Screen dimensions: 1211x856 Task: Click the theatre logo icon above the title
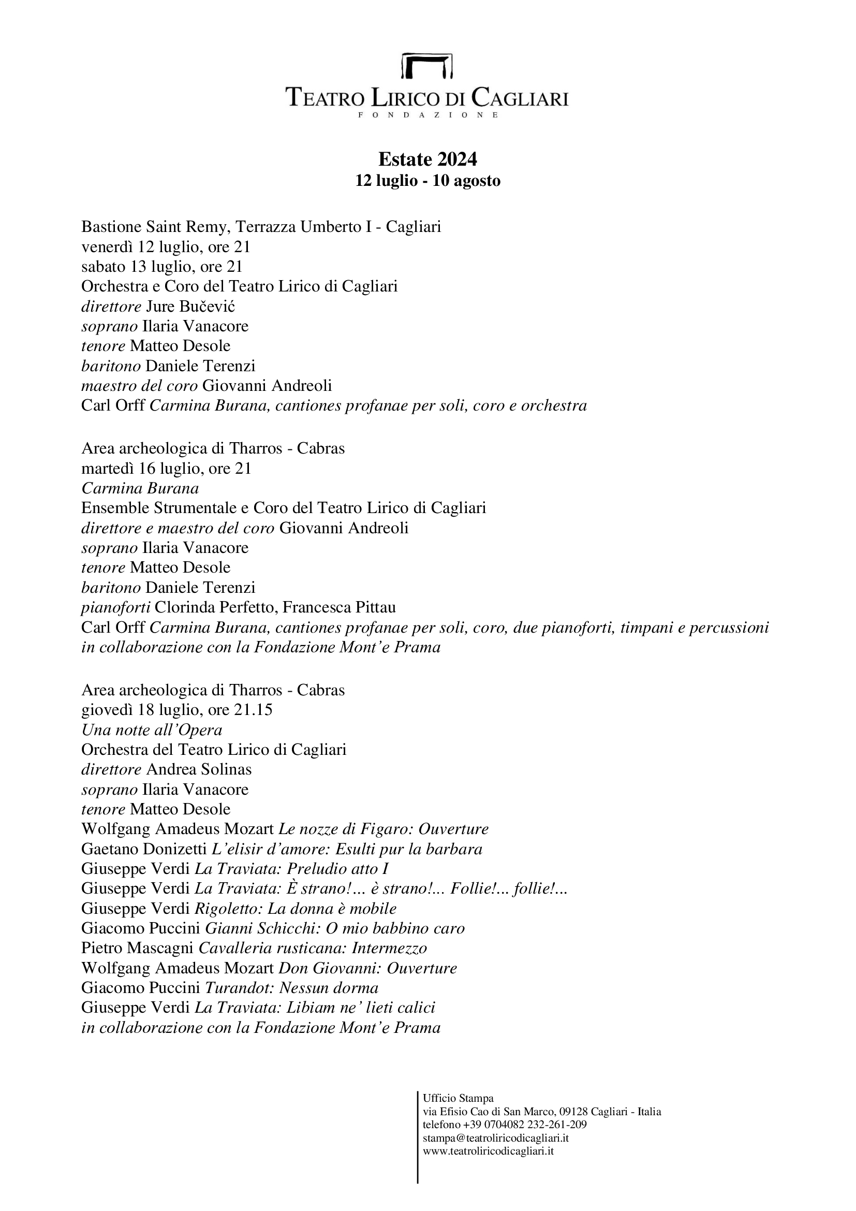tap(427, 65)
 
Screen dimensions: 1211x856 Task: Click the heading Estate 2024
tap(427, 159)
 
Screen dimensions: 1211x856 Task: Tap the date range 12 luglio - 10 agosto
tap(427, 181)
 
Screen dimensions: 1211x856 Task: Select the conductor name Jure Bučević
tap(190, 307)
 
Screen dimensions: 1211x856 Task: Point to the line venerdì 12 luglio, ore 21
tap(166, 247)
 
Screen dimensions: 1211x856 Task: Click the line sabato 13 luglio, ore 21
tap(162, 266)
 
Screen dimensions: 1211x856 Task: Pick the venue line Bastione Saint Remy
tap(261, 227)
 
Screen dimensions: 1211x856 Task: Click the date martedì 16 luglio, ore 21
tap(166, 469)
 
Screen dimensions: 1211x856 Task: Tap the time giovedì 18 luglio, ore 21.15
tap(176, 710)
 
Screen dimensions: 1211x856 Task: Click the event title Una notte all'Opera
tap(152, 730)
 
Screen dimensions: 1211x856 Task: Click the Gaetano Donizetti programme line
tap(282, 849)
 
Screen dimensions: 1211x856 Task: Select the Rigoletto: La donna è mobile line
tap(239, 909)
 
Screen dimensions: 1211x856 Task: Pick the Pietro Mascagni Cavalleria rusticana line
tap(254, 949)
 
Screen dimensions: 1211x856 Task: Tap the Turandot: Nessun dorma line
tap(230, 988)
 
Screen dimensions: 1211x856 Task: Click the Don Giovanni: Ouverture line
tap(269, 968)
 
